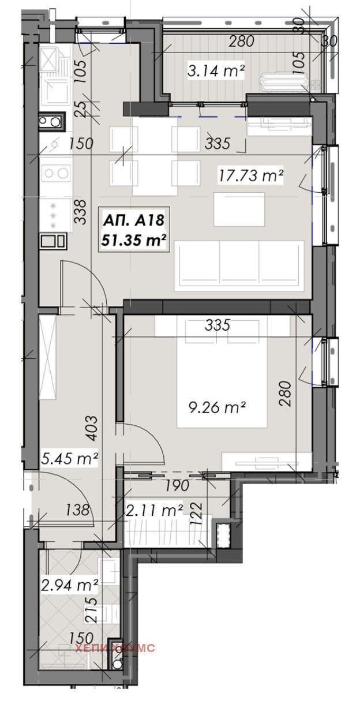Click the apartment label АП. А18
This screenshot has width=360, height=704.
134,220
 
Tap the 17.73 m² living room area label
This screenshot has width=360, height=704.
251,175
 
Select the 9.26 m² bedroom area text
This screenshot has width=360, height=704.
217,407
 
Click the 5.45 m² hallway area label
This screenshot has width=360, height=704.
69,459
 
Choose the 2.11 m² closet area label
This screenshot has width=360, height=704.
154,510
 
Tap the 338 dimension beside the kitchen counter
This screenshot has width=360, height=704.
80,212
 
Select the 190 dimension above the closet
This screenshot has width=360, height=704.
178,485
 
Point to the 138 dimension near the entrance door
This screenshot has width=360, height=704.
77,510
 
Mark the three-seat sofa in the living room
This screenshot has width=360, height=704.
239,266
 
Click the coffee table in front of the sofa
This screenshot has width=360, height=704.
239,209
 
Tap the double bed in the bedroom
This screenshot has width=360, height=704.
222,372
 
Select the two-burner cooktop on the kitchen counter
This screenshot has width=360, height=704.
56,173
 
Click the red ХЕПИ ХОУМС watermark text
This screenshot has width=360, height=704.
115,648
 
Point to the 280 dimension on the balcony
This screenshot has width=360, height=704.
241,41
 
